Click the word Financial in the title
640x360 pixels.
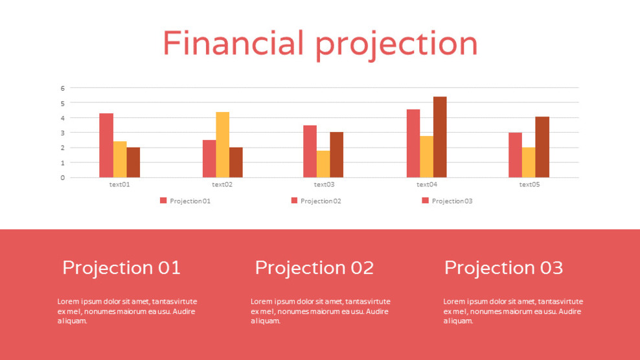233,44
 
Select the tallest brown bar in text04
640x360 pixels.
439,137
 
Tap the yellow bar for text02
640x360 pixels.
222,144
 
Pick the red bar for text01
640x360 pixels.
106,145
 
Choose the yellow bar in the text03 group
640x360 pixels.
323,164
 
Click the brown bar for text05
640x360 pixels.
542,147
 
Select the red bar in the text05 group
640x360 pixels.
515,155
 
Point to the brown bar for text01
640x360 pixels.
133,162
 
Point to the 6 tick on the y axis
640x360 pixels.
63,88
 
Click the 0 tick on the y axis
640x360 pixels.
63,177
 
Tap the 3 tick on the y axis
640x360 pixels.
63,133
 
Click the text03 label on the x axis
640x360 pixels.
323,185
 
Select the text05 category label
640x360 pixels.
529,185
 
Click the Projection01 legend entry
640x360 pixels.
190,201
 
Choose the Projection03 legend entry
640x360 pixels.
451,201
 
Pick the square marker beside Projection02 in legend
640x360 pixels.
295,201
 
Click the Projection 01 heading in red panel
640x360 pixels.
121,267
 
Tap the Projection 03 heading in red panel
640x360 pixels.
503,267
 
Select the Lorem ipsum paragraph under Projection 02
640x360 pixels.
320,311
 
